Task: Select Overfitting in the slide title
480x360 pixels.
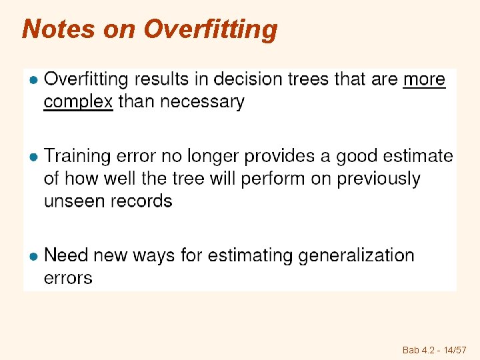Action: point(211,29)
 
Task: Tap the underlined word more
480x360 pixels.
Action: point(425,79)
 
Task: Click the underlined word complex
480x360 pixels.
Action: point(78,102)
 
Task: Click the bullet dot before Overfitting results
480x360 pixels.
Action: point(32,80)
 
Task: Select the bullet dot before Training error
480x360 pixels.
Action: point(32,157)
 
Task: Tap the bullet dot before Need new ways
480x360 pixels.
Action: point(32,256)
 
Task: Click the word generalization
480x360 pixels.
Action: point(357,255)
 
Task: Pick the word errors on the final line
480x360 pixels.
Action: point(68,278)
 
